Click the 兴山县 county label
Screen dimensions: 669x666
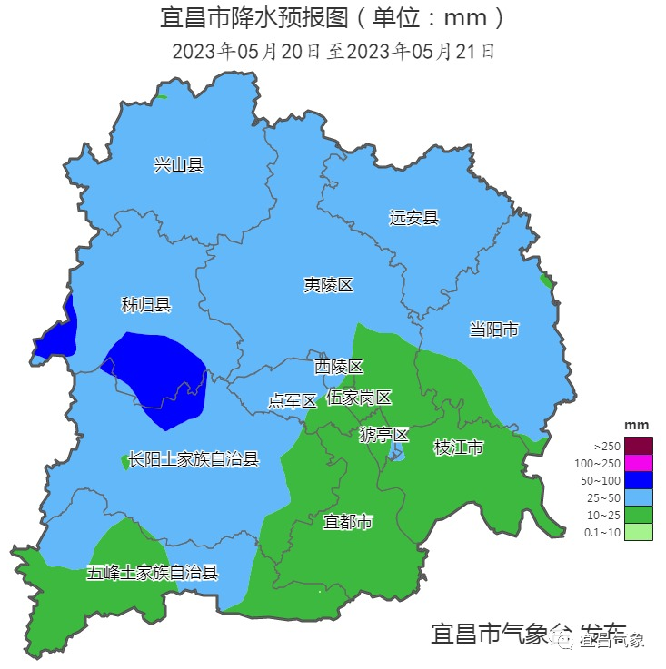pos(178,164)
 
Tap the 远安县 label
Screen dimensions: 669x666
pos(413,218)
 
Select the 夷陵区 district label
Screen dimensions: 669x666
pos(328,285)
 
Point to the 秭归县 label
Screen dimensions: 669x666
pos(146,305)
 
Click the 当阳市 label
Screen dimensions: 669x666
pos(493,329)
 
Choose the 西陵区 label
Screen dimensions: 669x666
pos(339,367)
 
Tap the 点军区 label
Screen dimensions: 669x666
pos(293,400)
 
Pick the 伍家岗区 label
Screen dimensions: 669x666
pos(359,398)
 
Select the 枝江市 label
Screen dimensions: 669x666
pos(459,447)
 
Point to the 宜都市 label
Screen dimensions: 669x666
pos(348,522)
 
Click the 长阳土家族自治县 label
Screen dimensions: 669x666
pos(194,459)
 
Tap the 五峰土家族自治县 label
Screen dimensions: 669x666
pos(153,572)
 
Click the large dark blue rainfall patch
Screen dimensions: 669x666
pos(159,377)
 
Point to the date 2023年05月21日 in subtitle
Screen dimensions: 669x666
pos(422,51)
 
